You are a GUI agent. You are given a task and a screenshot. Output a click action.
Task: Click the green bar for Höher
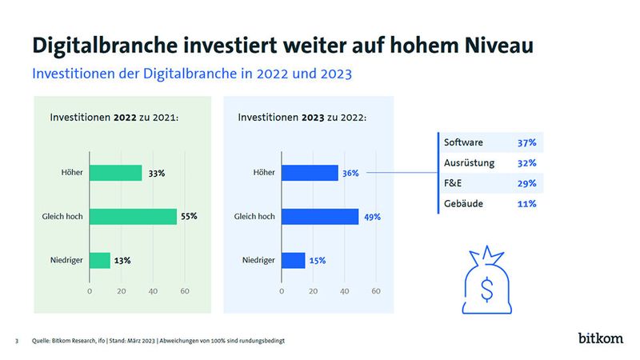point(115,173)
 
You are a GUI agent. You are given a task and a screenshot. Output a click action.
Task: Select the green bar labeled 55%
point(133,216)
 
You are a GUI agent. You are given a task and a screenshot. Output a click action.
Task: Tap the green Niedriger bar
point(100,260)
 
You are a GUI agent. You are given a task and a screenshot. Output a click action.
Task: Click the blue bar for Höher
point(310,173)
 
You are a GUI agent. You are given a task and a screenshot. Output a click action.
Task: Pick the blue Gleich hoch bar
point(320,216)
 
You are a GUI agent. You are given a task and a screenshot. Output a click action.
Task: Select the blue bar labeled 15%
point(293,260)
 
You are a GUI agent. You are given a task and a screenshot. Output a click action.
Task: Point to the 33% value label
point(158,173)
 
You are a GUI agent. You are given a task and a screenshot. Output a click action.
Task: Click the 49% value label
point(373,216)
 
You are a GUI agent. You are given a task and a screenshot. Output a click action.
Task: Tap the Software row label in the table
point(464,142)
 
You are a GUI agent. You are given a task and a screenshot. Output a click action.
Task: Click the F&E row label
point(454,184)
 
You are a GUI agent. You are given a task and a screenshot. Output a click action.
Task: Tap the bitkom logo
point(600,338)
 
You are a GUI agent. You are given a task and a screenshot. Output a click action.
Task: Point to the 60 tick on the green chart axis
point(185,290)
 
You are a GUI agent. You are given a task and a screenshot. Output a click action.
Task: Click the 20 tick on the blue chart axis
point(313,290)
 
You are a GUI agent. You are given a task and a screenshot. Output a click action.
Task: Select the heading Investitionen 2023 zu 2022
point(302,118)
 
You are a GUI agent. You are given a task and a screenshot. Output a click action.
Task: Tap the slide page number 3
point(17,342)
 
